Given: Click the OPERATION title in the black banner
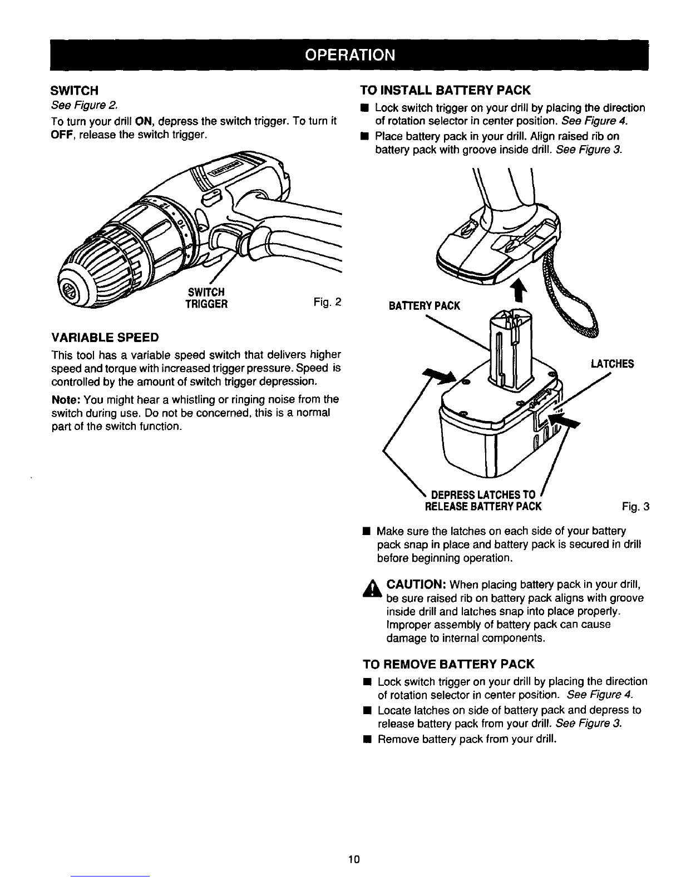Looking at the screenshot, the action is (349, 55).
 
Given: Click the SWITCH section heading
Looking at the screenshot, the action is (75, 90).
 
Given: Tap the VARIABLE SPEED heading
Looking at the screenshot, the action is (105, 337).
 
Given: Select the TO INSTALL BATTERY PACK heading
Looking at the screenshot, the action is (445, 90).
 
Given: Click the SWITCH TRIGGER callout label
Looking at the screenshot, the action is (206, 298).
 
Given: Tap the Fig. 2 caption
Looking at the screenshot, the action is (327, 302).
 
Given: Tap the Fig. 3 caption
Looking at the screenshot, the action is (635, 506).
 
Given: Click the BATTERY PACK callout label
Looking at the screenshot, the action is (425, 306).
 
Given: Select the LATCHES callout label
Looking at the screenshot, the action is (612, 364).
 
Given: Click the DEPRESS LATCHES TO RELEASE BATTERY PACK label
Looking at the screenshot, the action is (483, 501).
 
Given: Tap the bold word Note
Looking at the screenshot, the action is (66, 400).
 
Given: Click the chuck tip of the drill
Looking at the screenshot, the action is (67, 289).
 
